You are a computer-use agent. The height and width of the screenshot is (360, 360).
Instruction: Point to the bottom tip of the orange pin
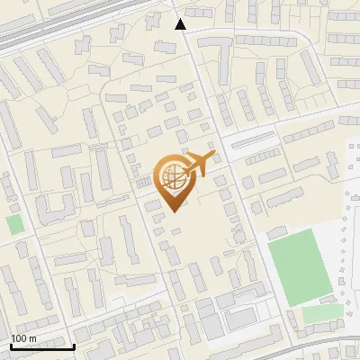(175, 211)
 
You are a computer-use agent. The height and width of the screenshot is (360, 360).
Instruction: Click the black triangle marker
(181, 24)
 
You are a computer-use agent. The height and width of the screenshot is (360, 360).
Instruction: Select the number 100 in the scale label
(19, 337)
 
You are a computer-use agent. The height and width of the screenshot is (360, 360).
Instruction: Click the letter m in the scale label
(33, 337)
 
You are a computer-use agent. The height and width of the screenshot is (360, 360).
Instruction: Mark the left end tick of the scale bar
(10, 346)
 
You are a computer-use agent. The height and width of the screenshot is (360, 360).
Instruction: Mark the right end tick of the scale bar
(74, 346)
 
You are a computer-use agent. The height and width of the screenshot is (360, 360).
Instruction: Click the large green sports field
(301, 265)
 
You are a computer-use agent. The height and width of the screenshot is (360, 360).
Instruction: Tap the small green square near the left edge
(13, 224)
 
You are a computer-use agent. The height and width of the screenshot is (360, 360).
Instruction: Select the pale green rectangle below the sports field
(322, 314)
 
